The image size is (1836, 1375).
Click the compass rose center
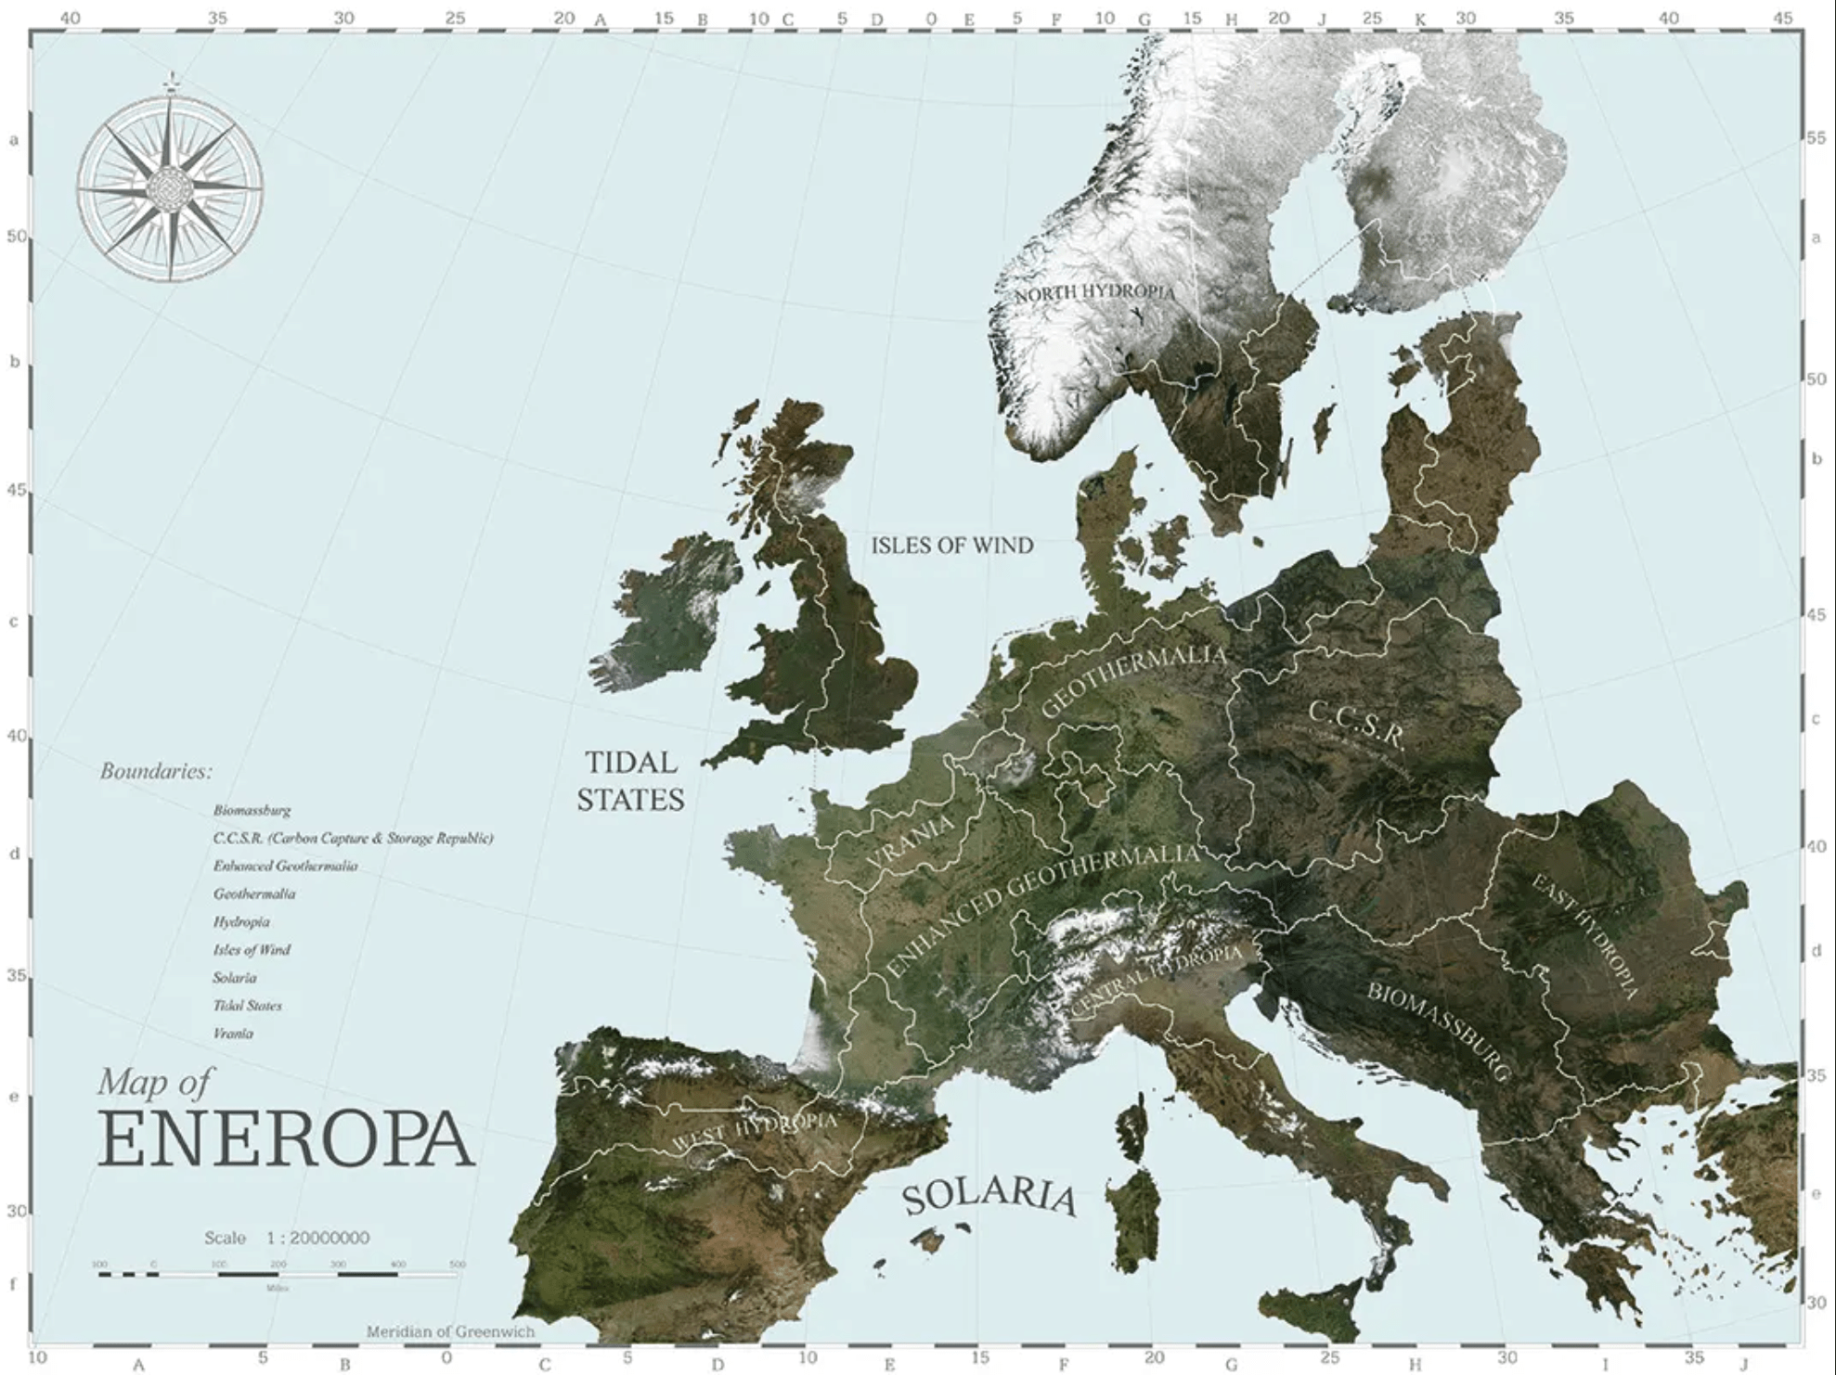(x=170, y=188)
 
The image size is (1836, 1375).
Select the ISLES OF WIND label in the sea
(x=951, y=546)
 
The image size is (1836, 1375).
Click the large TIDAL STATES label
(x=630, y=781)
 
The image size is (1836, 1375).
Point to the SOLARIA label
(x=989, y=1197)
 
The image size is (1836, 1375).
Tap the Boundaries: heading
(x=156, y=771)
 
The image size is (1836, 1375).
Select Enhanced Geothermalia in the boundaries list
(x=285, y=866)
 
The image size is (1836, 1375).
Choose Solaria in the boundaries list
(x=234, y=977)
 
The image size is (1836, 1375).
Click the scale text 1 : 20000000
(x=317, y=1238)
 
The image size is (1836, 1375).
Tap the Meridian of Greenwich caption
(x=450, y=1331)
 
